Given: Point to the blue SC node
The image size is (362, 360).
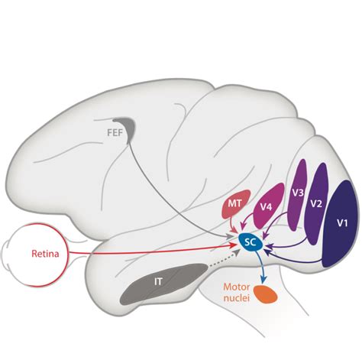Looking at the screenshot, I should (249, 242).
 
